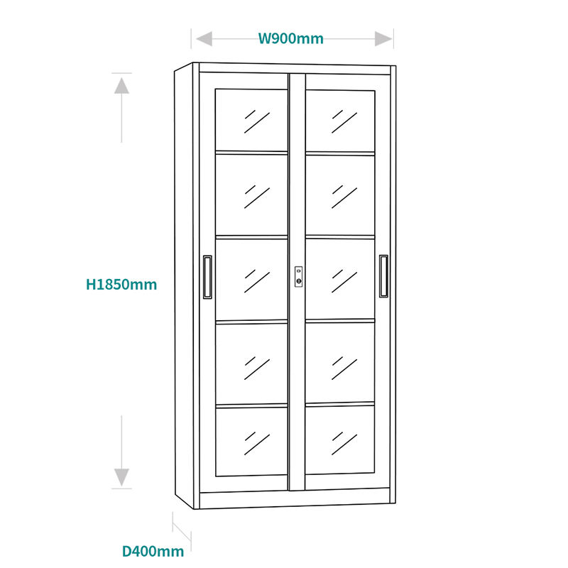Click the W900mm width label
point(290,38)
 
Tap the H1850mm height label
point(121,285)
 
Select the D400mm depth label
point(153,551)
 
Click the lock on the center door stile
point(299,277)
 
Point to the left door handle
point(207,277)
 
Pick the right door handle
point(383,277)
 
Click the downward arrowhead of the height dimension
point(121,476)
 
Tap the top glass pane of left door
point(251,119)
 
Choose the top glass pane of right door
point(340,119)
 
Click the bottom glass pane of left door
point(251,440)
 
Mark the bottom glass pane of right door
point(340,440)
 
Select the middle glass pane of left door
point(251,278)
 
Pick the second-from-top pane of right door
point(340,195)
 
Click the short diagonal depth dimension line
point(182,530)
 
